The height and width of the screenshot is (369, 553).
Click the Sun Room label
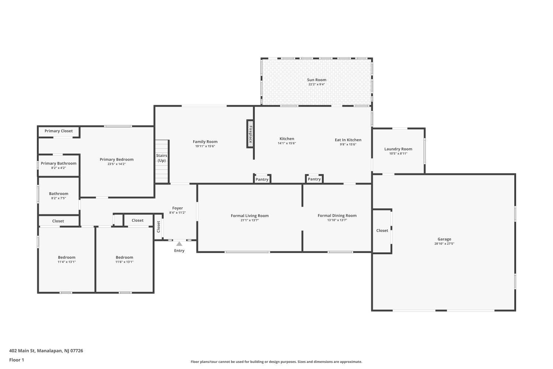[x=316, y=80]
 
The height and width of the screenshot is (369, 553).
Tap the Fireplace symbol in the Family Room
[x=250, y=134]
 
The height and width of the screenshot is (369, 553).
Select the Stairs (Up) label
[x=161, y=158]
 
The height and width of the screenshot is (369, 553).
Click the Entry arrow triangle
[x=179, y=244]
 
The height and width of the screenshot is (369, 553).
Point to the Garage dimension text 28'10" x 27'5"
[x=444, y=244]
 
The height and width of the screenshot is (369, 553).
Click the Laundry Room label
[x=398, y=149]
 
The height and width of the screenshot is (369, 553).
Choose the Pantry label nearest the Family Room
[x=262, y=179]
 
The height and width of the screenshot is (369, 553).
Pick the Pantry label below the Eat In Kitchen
[x=314, y=179]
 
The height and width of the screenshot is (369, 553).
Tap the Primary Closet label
[x=59, y=131]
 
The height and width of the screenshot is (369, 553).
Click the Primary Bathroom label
[x=59, y=163]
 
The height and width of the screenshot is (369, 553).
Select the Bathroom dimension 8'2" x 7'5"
[x=59, y=198]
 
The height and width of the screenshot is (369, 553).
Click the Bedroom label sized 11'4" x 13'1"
[x=67, y=258]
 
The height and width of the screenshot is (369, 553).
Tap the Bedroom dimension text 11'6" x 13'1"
[x=124, y=262]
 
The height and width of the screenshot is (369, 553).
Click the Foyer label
[x=178, y=208]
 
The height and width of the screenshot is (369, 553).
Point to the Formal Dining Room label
[x=337, y=215]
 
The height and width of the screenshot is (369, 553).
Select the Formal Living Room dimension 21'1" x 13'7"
[x=250, y=220]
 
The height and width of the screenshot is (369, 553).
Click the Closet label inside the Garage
[x=382, y=231]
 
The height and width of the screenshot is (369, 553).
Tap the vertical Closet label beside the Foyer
[x=159, y=227]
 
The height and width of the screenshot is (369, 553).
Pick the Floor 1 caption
[x=17, y=360]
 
